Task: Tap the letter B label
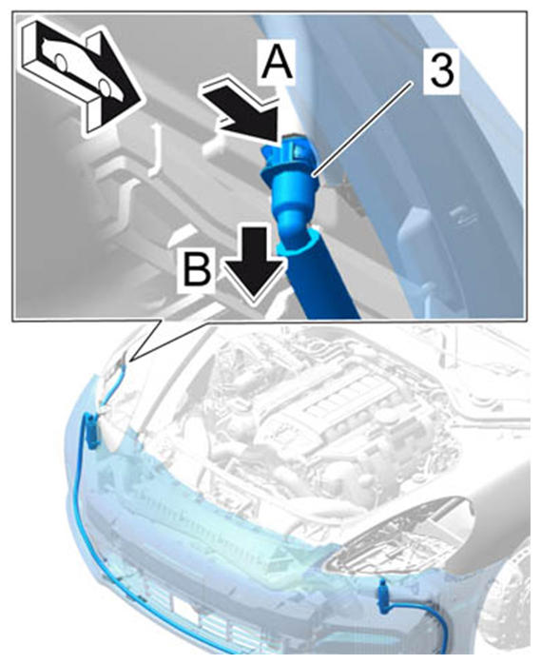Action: (197, 271)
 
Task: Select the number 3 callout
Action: (442, 70)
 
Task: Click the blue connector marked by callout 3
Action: (289, 183)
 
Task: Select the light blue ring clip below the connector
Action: (301, 244)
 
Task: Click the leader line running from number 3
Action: (363, 127)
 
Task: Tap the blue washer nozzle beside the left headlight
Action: (91, 431)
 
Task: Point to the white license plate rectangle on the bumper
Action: (187, 610)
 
